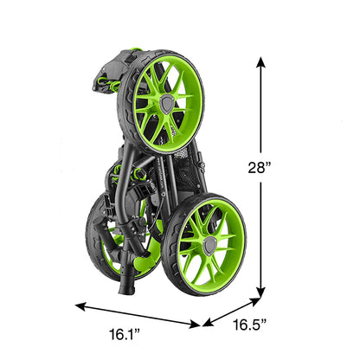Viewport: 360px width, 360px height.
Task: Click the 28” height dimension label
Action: [260, 167]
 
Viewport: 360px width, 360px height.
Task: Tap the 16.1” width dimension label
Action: [125, 334]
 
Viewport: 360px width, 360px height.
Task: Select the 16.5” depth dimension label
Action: [249, 325]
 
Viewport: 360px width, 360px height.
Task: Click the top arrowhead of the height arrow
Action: [261, 62]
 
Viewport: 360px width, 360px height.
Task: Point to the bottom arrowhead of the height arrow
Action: [261, 292]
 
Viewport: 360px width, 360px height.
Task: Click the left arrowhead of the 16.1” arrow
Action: [80, 307]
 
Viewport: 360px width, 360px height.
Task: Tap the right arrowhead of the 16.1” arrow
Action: [195, 325]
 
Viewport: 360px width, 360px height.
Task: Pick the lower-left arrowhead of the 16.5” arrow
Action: [208, 322]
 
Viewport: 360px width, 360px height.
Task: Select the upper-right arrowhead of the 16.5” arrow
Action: [255, 301]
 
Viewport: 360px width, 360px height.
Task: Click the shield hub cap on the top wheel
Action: [168, 104]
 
